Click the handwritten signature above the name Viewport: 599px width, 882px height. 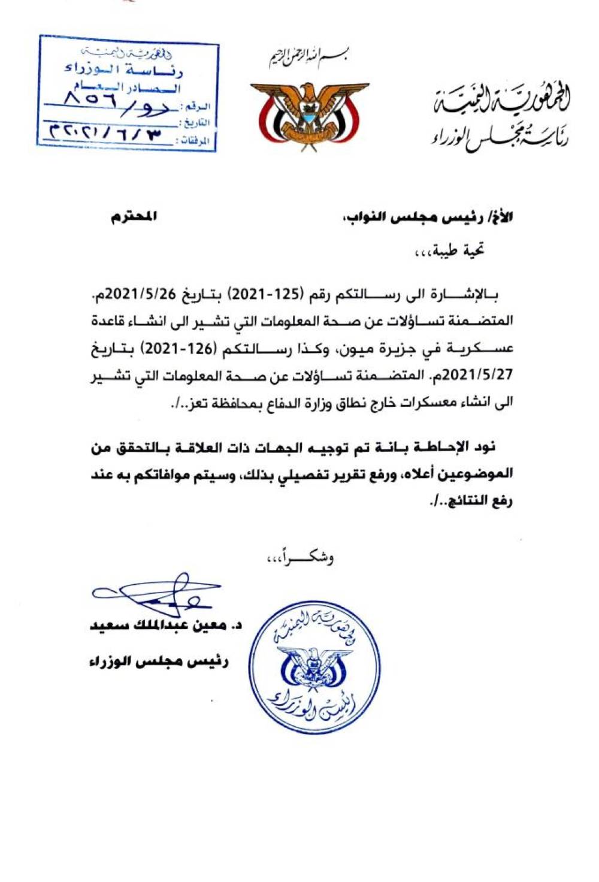coord(157,593)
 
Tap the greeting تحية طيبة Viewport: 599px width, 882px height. coord(458,250)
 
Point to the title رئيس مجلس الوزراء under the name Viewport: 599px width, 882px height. coord(158,661)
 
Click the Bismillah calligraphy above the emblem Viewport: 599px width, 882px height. coord(308,58)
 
